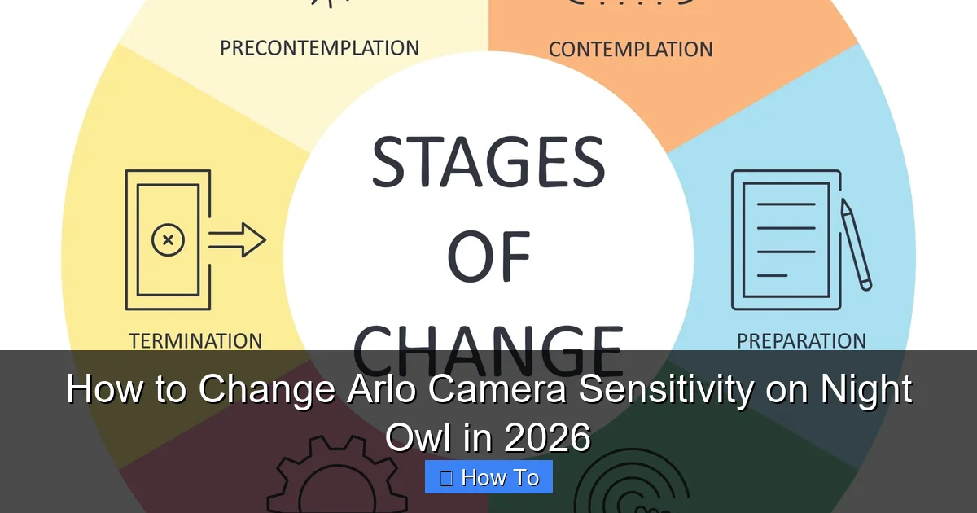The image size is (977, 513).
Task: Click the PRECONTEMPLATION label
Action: [x=319, y=47]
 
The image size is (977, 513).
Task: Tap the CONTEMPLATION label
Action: [x=630, y=49]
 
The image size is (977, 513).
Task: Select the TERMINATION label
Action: [x=195, y=340]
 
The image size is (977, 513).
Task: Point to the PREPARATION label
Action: [x=801, y=340]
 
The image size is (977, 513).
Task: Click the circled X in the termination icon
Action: [x=168, y=240]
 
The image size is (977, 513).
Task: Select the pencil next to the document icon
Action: [x=856, y=244]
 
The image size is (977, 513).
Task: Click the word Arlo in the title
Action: [x=378, y=390]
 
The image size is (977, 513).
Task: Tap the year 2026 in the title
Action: [x=547, y=438]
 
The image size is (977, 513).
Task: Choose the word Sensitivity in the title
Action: [x=665, y=390]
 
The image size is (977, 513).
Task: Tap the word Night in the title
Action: [x=865, y=390]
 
